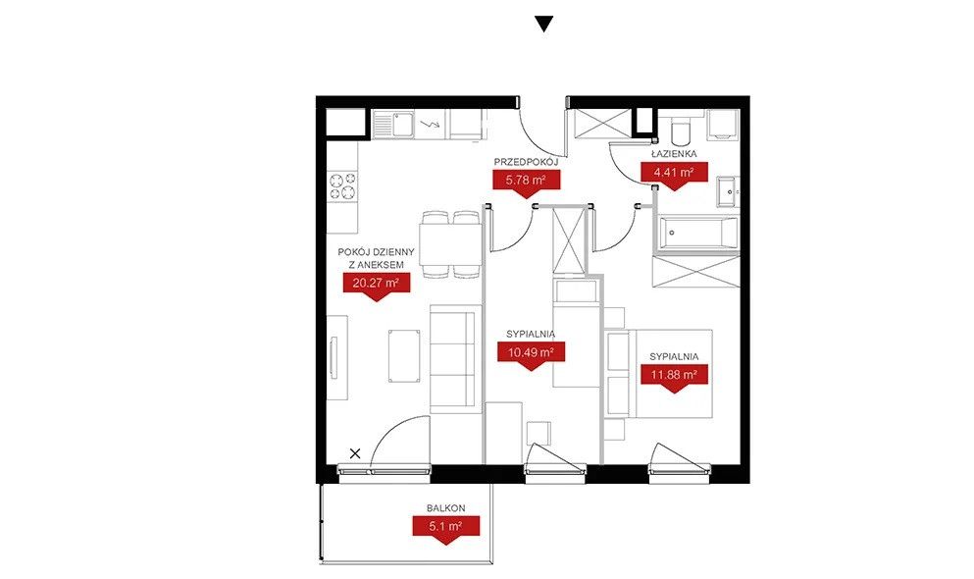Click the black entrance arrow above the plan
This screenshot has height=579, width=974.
click(544, 25)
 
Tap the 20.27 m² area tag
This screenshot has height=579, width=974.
click(376, 287)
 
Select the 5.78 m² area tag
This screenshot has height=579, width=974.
click(526, 184)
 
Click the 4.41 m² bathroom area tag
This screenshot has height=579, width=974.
click(674, 176)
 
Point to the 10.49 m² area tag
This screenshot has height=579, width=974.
click(531, 355)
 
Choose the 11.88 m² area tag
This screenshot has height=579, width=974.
click(674, 378)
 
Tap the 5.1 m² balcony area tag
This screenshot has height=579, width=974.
click(446, 529)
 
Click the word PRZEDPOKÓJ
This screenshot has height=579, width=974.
click(526, 162)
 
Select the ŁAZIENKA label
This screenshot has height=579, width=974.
click(674, 153)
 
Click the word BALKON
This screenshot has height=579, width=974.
click(446, 508)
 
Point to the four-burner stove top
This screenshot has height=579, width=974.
click(343, 186)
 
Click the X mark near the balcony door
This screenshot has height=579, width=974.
click(355, 453)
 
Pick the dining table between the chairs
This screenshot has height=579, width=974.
click(451, 244)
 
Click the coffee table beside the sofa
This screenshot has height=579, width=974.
click(404, 355)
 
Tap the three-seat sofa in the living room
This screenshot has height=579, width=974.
click(455, 358)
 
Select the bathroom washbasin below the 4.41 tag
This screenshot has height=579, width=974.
click(728, 191)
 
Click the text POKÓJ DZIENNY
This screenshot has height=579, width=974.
click(376, 252)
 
